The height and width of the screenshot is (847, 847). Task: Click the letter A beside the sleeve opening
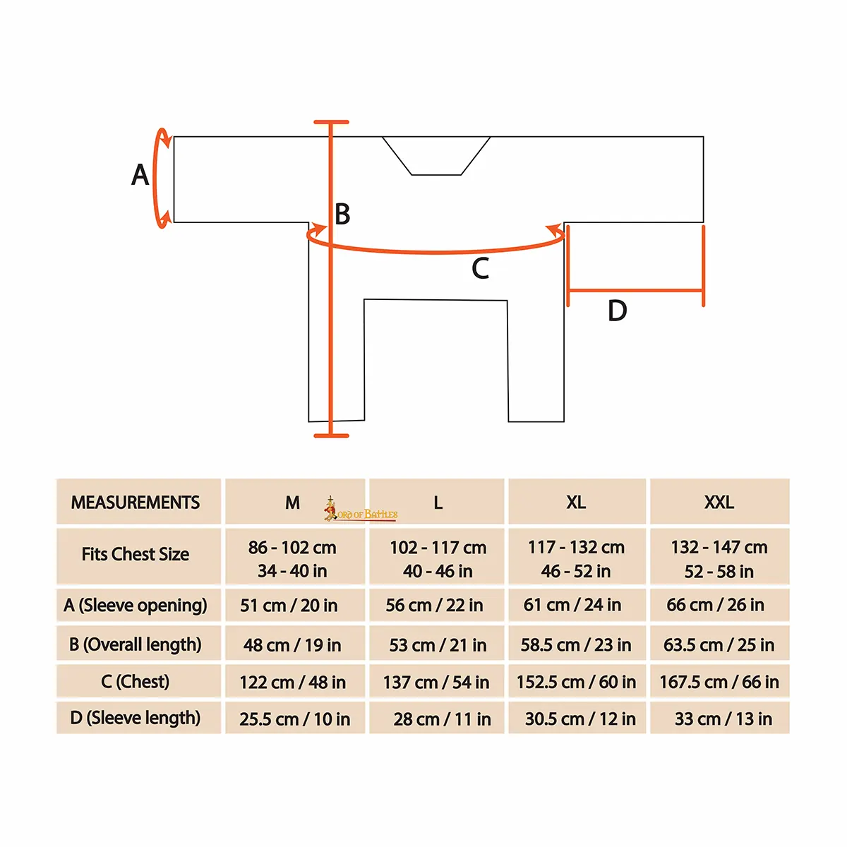click(140, 175)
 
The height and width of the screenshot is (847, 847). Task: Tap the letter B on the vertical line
click(342, 214)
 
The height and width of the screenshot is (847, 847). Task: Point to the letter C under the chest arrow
click(480, 268)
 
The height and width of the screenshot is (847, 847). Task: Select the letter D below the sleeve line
click(617, 311)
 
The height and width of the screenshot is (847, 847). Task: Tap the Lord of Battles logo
click(361, 510)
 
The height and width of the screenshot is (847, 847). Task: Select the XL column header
click(577, 502)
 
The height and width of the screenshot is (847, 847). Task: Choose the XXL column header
click(719, 502)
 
